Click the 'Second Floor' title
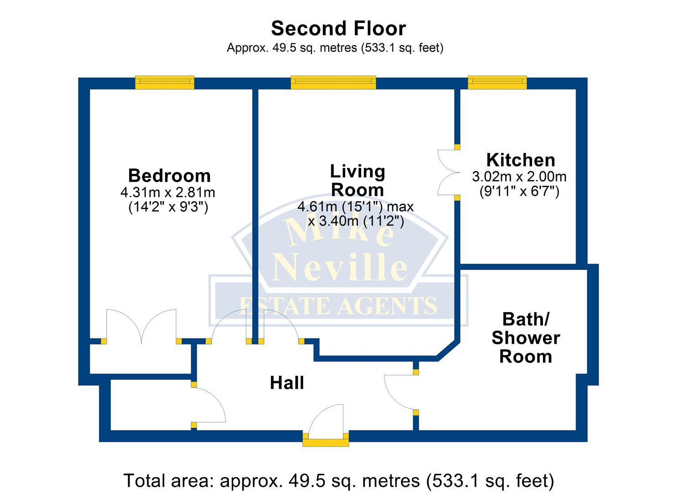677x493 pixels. click(x=338, y=28)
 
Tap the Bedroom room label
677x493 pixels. click(x=169, y=176)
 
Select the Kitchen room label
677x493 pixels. click(x=520, y=160)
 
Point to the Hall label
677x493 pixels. click(x=287, y=383)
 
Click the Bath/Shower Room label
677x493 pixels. click(x=525, y=338)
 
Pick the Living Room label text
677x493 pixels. click(x=357, y=180)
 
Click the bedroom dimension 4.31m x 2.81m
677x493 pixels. click(x=167, y=193)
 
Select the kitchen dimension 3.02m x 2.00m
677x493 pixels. click(x=519, y=177)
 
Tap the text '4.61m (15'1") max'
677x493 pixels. click(x=355, y=207)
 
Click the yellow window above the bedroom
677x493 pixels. click(x=165, y=83)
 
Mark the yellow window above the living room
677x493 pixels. click(x=333, y=83)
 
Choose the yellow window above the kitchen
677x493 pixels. click(x=497, y=83)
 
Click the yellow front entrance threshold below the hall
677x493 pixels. click(x=326, y=440)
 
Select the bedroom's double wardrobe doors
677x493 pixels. click(x=141, y=326)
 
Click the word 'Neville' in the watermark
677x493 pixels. click(x=340, y=267)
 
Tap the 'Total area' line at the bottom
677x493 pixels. click(x=338, y=481)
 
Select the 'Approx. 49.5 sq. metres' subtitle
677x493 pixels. click(x=335, y=48)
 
